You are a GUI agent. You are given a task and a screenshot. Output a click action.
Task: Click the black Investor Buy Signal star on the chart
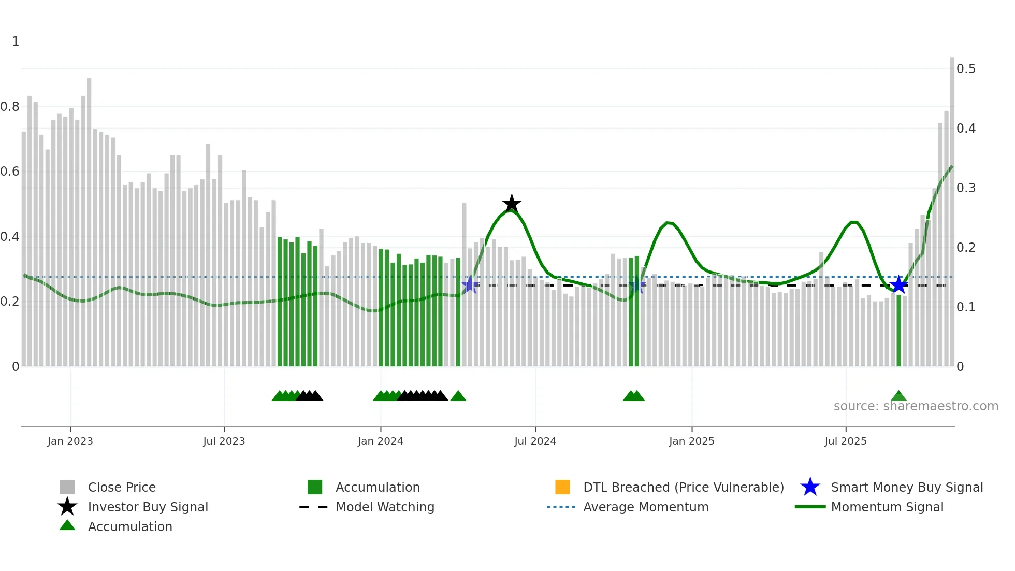click(512, 203)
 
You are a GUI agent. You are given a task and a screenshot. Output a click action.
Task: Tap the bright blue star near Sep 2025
click(898, 284)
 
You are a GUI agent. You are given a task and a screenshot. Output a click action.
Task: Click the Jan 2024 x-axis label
click(380, 441)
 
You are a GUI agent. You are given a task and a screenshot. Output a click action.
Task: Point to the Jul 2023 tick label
click(224, 441)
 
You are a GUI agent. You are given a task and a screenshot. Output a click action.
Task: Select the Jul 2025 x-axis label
click(845, 441)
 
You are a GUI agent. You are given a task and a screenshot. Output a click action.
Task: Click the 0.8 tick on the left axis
click(10, 107)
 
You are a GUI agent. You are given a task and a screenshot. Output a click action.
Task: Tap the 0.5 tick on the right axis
click(966, 69)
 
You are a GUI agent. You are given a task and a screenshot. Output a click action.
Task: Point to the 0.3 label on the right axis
click(966, 188)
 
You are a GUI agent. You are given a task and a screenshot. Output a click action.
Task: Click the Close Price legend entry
click(122, 487)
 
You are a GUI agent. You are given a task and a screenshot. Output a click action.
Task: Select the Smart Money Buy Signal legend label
click(907, 487)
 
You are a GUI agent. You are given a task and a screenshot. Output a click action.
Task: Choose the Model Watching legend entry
click(385, 507)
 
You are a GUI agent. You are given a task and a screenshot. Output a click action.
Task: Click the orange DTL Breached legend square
click(562, 487)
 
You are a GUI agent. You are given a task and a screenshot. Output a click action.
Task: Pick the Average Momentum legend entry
click(646, 507)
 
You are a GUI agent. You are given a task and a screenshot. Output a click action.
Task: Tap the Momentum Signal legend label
click(887, 507)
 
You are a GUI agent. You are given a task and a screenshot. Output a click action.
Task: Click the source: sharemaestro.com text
click(916, 406)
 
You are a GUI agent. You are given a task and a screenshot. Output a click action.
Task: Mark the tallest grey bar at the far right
click(952, 207)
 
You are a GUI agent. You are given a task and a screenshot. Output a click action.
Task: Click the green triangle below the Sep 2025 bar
click(898, 396)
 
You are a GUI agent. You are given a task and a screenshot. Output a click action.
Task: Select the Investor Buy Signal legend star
click(67, 507)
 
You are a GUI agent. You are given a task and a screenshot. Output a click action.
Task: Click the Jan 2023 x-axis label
click(70, 441)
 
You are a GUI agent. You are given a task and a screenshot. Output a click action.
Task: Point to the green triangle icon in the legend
click(67, 525)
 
